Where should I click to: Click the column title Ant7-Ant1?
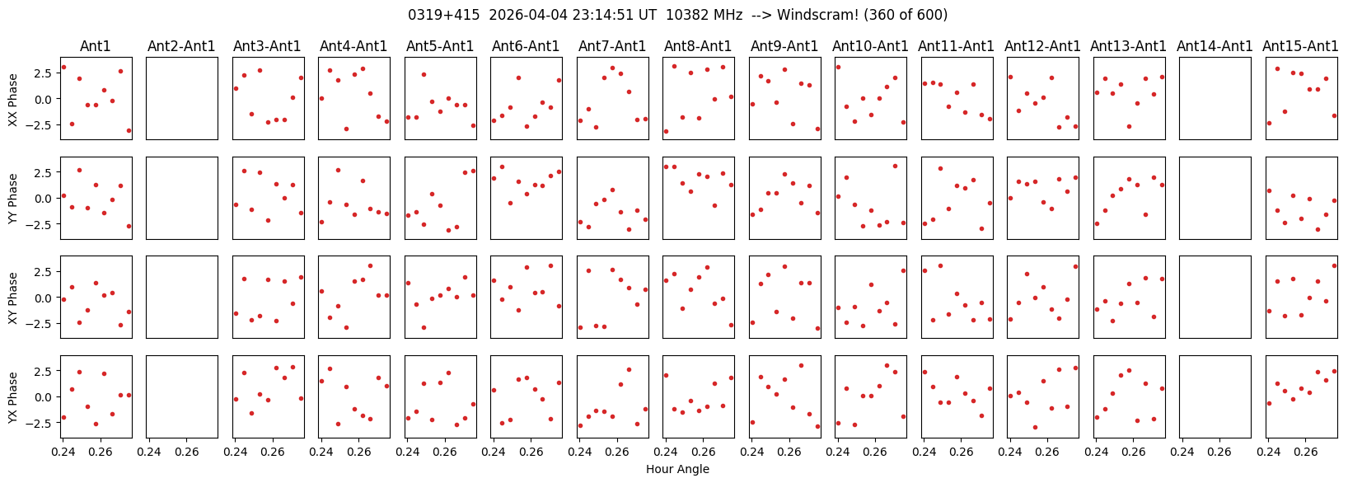612,46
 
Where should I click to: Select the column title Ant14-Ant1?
1215,46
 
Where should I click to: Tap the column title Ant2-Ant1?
181,46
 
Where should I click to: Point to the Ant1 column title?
96,46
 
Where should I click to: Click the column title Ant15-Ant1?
1300,46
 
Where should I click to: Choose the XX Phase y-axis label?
12,99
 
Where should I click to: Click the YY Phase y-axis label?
12,198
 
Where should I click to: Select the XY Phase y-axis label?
12,298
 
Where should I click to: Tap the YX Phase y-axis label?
12,397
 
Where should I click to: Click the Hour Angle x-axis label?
677,469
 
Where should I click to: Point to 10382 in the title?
704,15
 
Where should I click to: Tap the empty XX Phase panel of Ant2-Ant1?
182,98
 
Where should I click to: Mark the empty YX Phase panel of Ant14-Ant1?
1215,397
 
